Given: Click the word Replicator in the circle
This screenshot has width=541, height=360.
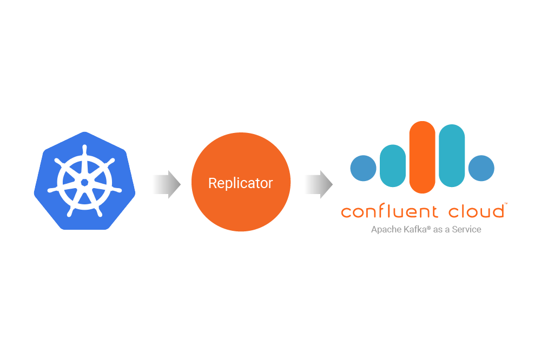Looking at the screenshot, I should coord(241,183).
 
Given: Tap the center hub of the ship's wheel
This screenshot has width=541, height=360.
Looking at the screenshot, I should coord(84,183).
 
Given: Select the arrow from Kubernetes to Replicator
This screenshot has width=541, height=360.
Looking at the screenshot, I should coord(166,184).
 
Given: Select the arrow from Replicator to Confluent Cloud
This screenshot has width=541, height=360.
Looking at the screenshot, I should coord(318,184).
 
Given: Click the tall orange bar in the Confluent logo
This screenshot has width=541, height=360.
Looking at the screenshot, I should coord(423,157).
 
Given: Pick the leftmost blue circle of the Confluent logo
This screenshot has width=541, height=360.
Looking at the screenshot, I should coord(364,168).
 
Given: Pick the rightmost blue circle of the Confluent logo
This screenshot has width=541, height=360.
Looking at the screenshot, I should coord(481,168).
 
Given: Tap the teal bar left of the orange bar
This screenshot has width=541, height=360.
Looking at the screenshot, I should coord(393,165).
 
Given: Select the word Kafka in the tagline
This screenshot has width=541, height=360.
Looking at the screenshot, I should coord(414,229).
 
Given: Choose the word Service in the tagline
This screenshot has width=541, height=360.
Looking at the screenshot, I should coord(466,229).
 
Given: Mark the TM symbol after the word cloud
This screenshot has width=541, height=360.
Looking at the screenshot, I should coord(505,204).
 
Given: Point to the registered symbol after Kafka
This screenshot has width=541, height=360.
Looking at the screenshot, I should coord(428,227).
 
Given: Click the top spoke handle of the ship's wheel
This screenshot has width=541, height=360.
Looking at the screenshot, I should coord(84,148).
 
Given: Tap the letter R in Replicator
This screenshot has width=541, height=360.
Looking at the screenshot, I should coord(212,183).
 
